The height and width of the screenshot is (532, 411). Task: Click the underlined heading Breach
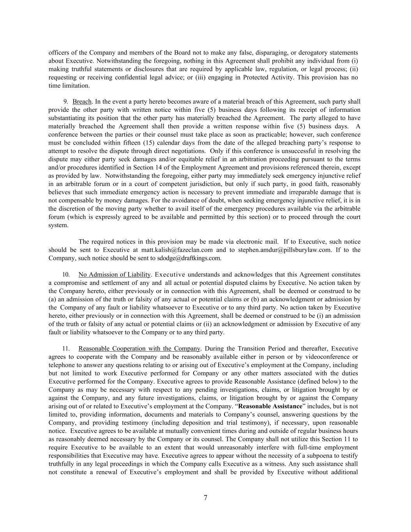(82, 102)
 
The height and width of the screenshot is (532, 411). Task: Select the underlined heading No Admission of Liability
(114, 275)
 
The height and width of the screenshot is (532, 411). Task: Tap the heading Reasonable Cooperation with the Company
(139, 348)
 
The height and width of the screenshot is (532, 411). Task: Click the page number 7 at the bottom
(205, 498)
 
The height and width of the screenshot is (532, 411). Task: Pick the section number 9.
(66, 102)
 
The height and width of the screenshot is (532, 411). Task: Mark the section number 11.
(66, 348)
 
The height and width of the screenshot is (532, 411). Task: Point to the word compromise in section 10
(68, 283)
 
